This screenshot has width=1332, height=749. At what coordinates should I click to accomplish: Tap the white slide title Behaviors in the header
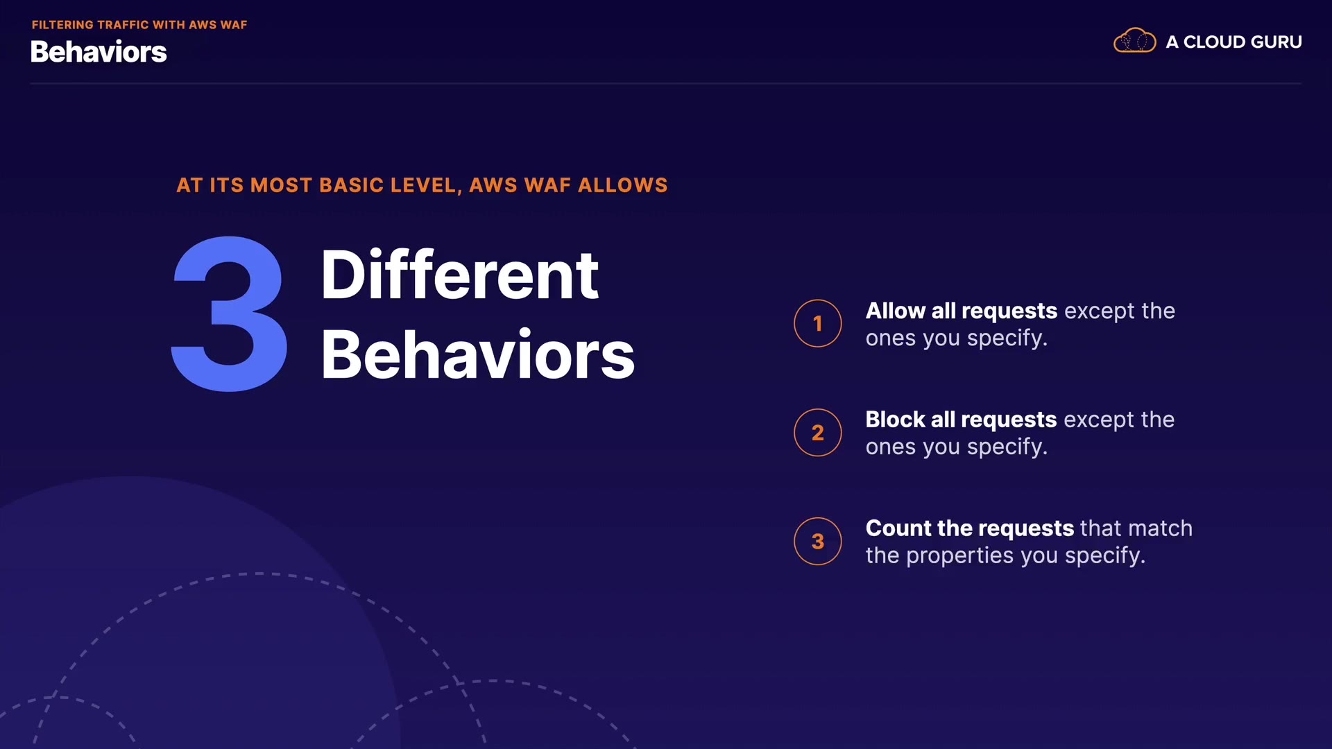99,52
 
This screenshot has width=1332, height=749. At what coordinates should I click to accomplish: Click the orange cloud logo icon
1134,41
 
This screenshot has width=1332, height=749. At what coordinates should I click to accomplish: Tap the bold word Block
895,420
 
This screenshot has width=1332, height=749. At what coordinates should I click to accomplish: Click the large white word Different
459,275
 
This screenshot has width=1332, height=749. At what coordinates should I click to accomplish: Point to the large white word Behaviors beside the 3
478,354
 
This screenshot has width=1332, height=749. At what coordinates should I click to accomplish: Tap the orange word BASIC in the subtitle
352,185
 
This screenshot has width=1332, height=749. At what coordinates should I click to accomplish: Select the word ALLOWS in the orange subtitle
623,185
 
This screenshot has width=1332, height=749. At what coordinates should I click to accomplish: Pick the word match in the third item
1161,528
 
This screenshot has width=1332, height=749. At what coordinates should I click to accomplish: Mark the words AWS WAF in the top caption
218,25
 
